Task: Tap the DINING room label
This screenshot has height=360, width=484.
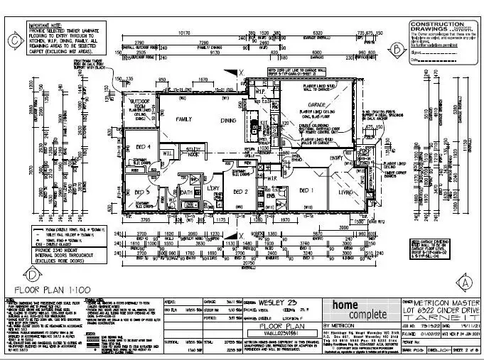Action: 227,120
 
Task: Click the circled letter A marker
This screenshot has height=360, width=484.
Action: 466,281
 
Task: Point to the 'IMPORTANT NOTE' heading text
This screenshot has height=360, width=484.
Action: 43,24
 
